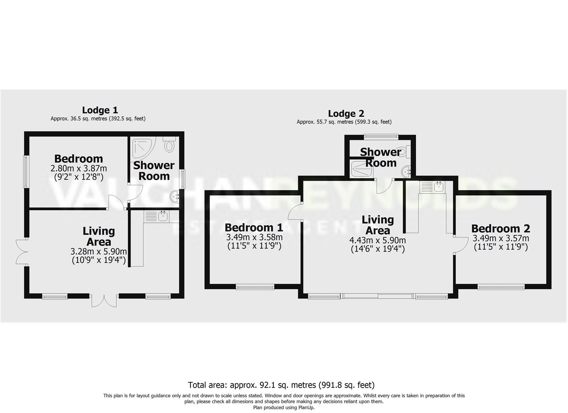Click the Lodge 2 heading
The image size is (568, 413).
click(346, 114)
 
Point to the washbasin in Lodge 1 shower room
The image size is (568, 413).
click(175, 197)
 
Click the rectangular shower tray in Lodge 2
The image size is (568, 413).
click(361, 169)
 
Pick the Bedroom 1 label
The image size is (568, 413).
click(254, 228)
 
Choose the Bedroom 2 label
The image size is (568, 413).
click(500, 229)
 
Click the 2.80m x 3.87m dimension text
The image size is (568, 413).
click(79, 168)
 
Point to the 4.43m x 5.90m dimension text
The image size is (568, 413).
click(378, 241)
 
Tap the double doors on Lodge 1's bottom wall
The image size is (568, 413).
click(104, 301)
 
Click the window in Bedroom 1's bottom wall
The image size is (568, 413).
click(255, 287)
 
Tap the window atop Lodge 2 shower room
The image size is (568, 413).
click(381, 136)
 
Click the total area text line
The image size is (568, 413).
click(281, 385)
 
